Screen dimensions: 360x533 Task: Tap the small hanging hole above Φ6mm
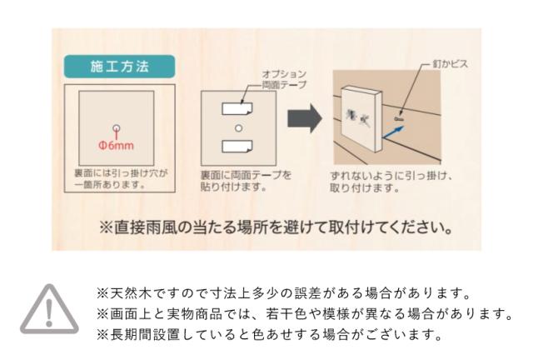[x=117, y=127]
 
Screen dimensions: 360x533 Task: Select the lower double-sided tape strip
[x=238, y=147]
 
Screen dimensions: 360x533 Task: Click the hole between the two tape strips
[x=238, y=127]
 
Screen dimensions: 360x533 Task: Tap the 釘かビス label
[x=451, y=62]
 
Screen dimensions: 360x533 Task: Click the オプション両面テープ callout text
[x=285, y=79]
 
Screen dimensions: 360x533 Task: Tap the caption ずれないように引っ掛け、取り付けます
[x=389, y=181]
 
